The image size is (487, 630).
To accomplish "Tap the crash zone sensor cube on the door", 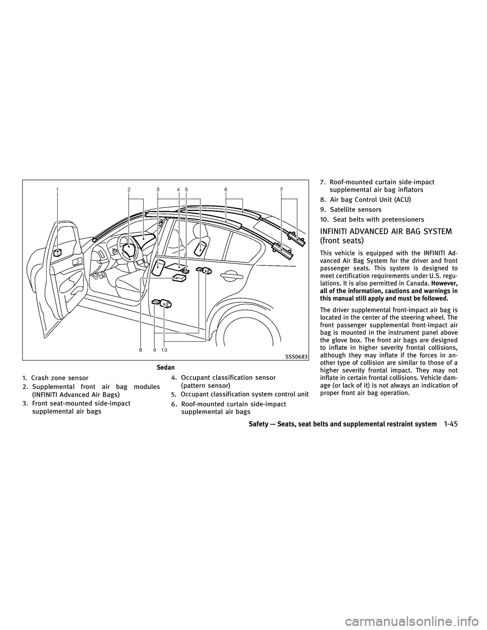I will pos(58,252).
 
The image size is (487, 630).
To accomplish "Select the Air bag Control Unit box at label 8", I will pos(179,277).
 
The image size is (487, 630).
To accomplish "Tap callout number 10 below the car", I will pos(164,349).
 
